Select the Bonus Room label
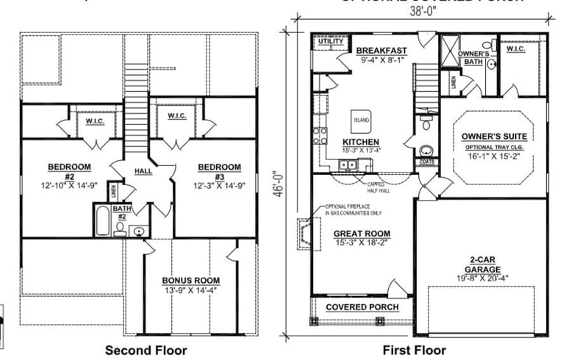192,281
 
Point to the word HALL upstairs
143,172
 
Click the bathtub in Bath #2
102,220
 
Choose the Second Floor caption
146,350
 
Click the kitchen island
362,119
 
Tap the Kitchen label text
361,142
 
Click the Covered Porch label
362,306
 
